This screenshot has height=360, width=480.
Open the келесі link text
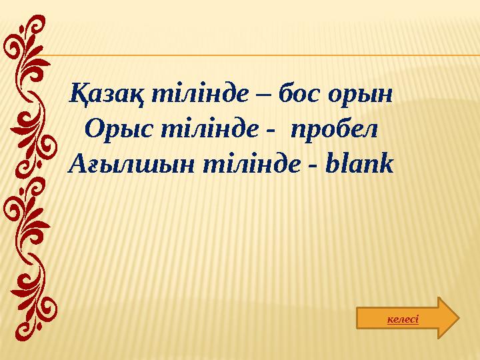403,319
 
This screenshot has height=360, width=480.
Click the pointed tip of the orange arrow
458,318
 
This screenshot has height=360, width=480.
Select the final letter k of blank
387,162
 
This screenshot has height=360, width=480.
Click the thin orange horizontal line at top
267,55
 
